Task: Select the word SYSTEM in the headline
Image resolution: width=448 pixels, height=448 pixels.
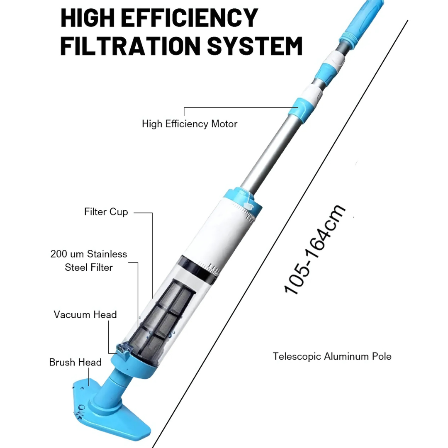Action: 254,46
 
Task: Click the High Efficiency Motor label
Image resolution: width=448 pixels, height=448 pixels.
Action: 190,124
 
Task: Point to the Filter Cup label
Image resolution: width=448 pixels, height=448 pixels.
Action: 106,212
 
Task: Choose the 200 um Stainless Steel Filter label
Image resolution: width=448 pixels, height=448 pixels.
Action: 89,261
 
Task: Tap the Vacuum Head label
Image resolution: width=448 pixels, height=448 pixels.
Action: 85,314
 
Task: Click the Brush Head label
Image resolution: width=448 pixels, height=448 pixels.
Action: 75,362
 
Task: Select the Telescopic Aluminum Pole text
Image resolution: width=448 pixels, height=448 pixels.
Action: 332,356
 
